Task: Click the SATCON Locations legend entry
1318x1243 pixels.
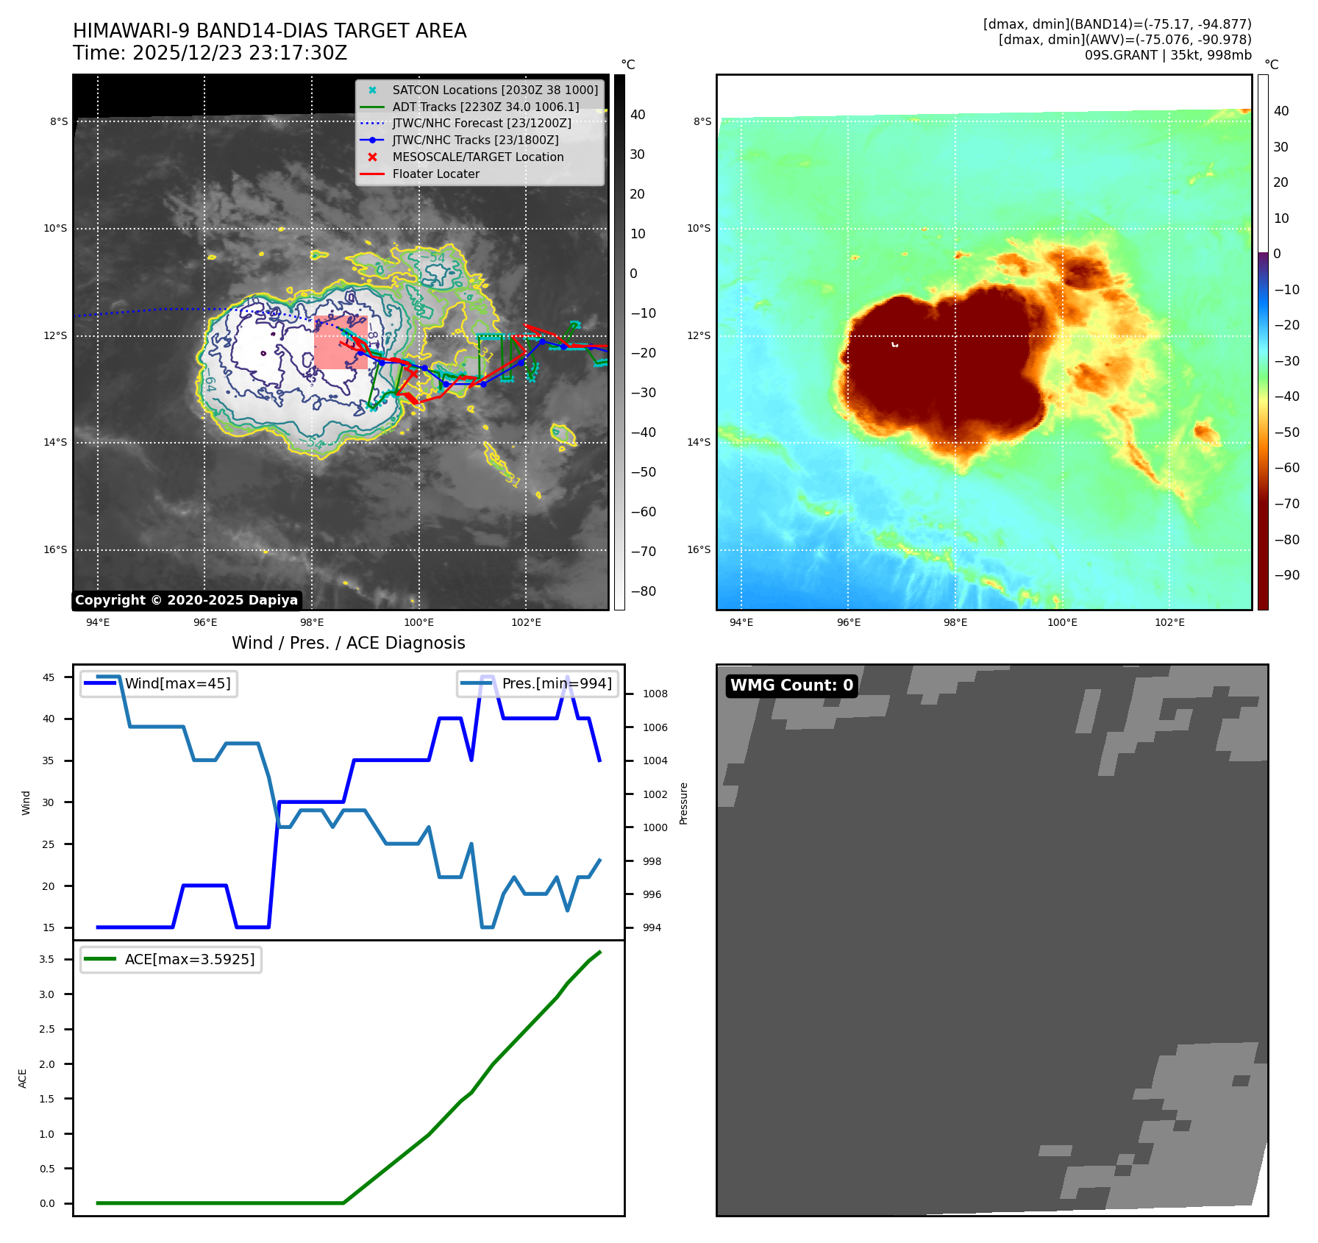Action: [x=495, y=90]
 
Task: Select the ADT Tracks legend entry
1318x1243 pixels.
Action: [x=485, y=107]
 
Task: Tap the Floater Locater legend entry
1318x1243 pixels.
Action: [x=435, y=174]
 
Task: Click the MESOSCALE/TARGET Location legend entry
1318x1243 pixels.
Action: [x=477, y=157]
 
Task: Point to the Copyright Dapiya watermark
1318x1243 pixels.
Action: [x=187, y=600]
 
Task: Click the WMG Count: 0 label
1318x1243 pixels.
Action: [x=791, y=685]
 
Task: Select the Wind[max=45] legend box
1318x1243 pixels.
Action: [x=159, y=684]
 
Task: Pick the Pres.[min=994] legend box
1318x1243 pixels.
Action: [x=538, y=684]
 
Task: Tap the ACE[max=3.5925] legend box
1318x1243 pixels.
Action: [x=171, y=959]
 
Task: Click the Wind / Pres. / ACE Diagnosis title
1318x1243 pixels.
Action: [x=348, y=643]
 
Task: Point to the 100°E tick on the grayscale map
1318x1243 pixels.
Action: [x=418, y=623]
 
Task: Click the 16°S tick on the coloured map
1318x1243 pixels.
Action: [x=699, y=549]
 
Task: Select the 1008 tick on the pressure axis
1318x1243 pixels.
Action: [x=655, y=694]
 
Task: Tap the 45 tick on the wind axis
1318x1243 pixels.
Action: [x=49, y=677]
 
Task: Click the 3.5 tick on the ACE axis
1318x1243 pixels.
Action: [x=47, y=959]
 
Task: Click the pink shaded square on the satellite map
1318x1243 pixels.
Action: [x=341, y=342]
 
